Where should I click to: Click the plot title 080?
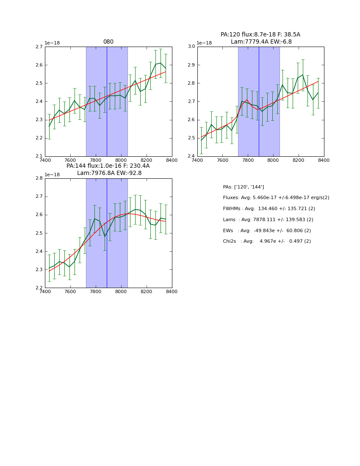108,42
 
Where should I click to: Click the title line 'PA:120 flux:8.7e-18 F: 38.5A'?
260,35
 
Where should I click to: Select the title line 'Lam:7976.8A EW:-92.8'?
109,173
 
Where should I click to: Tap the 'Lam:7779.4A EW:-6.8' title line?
261,42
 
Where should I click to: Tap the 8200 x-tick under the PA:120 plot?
299,160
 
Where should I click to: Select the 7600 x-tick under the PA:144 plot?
70,292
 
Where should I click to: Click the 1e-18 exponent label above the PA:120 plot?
205,43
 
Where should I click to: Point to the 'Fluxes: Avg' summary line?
276,198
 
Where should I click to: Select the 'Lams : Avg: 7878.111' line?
268,220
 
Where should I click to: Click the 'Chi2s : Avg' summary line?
266,241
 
